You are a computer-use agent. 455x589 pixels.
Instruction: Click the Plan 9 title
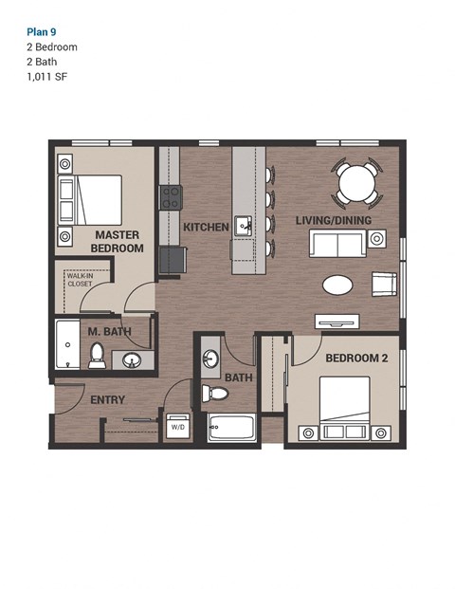click(x=43, y=29)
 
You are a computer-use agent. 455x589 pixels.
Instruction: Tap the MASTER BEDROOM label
click(x=117, y=241)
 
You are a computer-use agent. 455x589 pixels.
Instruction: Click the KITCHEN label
click(x=206, y=228)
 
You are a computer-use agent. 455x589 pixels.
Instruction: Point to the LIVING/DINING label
click(x=333, y=221)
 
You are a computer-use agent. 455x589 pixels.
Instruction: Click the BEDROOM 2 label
click(x=356, y=359)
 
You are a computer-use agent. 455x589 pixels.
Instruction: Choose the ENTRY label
click(x=107, y=400)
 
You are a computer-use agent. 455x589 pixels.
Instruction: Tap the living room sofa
click(x=337, y=244)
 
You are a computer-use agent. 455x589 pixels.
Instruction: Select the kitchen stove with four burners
click(x=170, y=197)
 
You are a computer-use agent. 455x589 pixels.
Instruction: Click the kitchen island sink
click(x=244, y=226)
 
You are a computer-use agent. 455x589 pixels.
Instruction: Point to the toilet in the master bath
click(x=97, y=355)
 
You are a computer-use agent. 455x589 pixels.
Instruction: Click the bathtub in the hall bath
click(x=231, y=428)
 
